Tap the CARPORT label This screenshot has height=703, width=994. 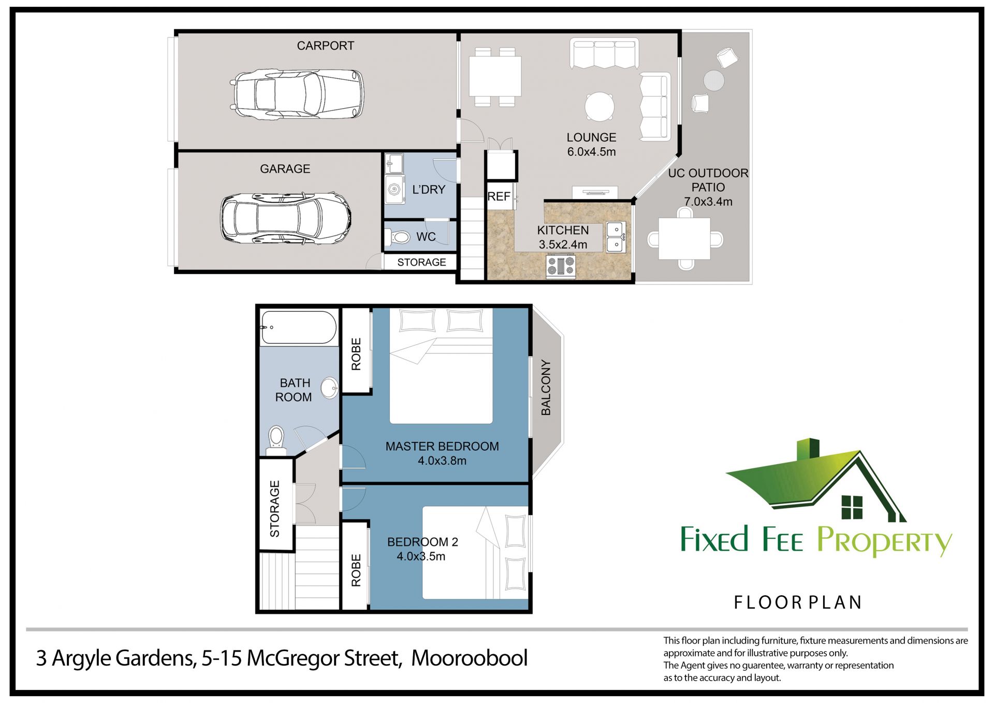[326, 46]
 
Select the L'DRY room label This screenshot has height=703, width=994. [429, 190]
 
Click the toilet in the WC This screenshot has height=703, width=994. [398, 237]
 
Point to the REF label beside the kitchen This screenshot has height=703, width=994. [499, 196]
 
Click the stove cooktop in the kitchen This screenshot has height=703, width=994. [561, 266]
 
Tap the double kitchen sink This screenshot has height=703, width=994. [616, 237]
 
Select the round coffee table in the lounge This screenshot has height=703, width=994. [600, 107]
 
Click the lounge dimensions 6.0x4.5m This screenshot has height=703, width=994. [591, 152]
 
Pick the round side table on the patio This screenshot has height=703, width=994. [714, 80]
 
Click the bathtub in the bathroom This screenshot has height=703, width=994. [299, 327]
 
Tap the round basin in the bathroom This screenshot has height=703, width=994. [329, 388]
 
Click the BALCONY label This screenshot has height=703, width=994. [546, 388]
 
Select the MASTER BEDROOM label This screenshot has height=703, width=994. [442, 446]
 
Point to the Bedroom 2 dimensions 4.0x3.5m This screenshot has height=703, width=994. [421, 556]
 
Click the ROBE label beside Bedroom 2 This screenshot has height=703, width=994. [356, 570]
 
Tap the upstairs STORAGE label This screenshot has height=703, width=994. [274, 508]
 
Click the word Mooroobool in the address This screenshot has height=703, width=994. [469, 658]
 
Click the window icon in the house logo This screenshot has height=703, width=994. [852, 507]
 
